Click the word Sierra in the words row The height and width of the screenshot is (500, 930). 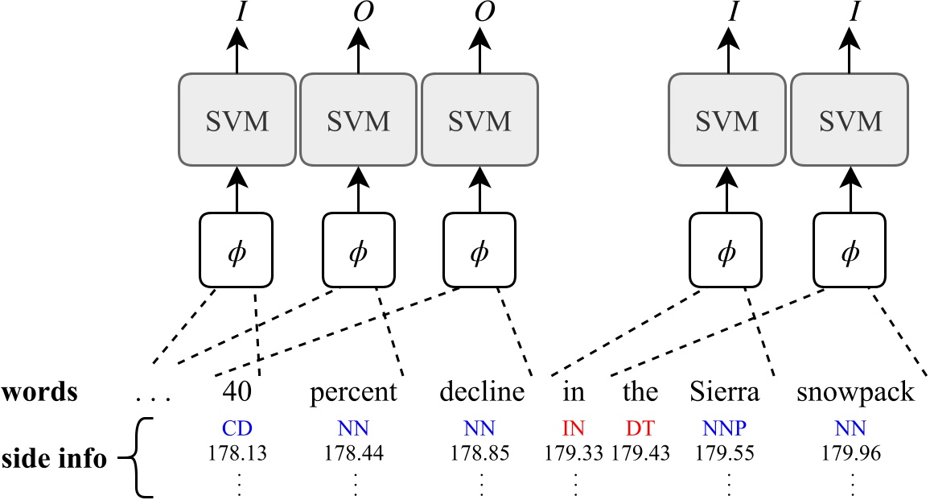725,393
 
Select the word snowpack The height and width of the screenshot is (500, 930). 855,393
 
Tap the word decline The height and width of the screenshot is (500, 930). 482,393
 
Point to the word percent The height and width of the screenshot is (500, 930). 354,393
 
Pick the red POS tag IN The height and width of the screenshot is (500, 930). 574,428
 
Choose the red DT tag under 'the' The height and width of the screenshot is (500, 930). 640,428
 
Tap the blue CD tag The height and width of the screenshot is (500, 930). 237,428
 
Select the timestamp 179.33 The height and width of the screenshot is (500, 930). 574,452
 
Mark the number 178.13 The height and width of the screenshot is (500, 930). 237,452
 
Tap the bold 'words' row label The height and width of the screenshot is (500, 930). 39,393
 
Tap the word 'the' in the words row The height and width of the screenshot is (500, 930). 640,393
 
